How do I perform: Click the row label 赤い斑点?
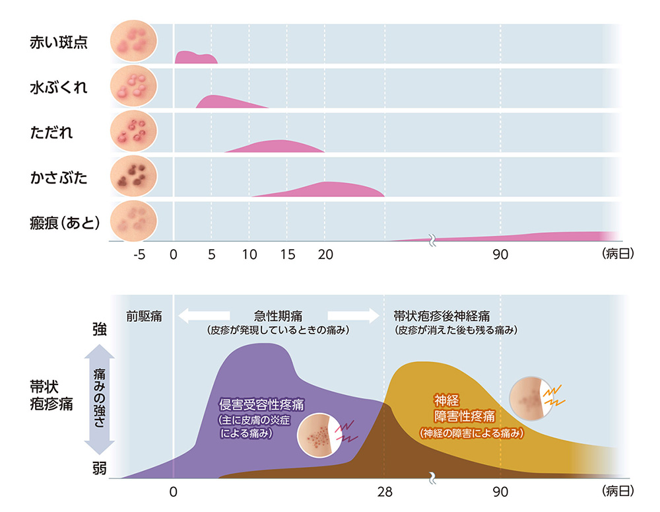point(59,44)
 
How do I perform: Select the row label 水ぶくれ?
point(59,87)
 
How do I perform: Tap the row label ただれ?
point(51,132)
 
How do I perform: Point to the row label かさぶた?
point(59,176)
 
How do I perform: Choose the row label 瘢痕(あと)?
point(65,222)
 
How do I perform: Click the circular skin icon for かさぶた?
point(134,176)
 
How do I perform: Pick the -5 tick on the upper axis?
point(139,255)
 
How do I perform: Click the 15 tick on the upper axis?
point(287,255)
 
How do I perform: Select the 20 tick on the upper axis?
point(324,255)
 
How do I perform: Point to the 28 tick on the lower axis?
point(384,492)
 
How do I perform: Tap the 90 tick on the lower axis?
point(500,492)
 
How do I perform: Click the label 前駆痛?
point(145,315)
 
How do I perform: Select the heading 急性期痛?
point(278,315)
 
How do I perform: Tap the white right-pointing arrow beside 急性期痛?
point(351,316)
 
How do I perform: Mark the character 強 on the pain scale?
point(99,330)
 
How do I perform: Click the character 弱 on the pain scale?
point(99,468)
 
